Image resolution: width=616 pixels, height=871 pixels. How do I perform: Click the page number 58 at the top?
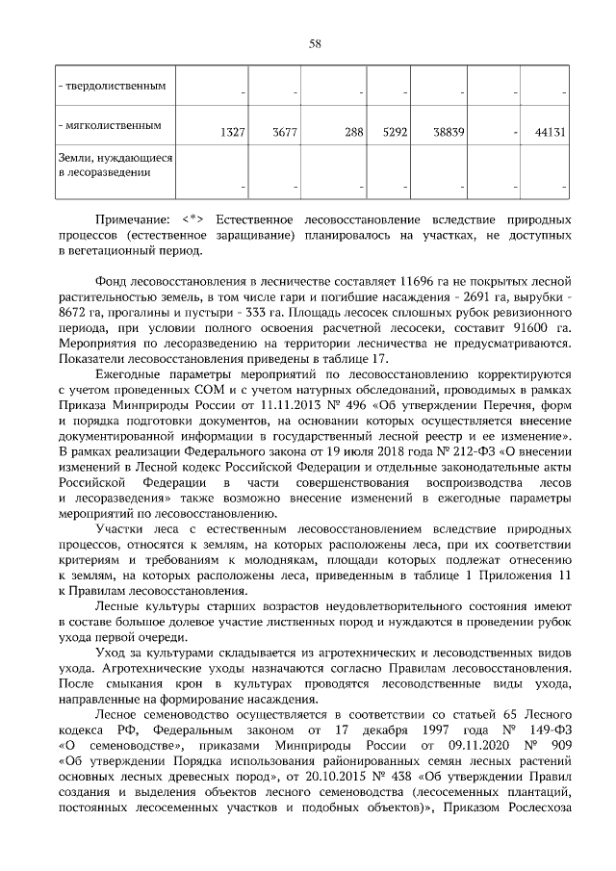click(314, 43)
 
